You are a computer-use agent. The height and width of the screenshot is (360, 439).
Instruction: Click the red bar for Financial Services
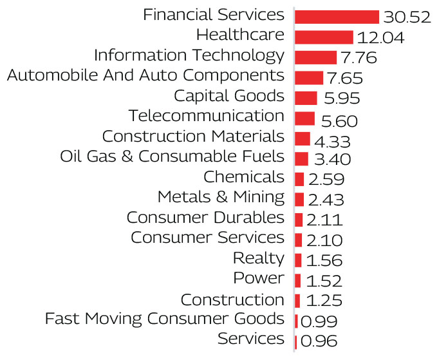tap(337, 17)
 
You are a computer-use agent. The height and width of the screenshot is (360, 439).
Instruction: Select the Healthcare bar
tap(324, 37)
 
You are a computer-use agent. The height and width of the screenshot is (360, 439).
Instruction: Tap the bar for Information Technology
tap(315, 57)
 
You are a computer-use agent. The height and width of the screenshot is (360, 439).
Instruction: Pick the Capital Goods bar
tap(306, 98)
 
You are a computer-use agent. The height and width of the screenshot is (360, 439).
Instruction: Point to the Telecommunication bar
tap(304, 118)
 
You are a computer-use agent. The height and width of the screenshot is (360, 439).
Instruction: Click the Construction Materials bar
tap(303, 138)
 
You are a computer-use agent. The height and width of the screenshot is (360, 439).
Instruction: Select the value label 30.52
tap(406, 17)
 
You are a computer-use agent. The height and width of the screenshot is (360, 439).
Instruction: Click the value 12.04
tap(380, 38)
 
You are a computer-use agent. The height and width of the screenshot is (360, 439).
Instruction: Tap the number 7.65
tap(345, 79)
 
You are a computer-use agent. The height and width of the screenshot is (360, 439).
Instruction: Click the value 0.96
tap(317, 341)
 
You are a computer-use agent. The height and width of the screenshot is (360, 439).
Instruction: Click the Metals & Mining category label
tap(221, 196)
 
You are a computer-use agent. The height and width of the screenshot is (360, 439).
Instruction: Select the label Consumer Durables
tap(205, 217)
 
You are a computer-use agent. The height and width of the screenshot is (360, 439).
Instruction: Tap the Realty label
tap(258, 258)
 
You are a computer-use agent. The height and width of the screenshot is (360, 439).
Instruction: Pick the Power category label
tap(259, 278)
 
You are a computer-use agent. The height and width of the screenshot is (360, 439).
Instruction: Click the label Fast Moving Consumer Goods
tap(164, 318)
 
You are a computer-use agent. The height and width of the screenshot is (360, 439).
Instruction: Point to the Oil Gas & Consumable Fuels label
tap(172, 156)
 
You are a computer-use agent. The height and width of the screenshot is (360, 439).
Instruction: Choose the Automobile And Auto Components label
tap(145, 75)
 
